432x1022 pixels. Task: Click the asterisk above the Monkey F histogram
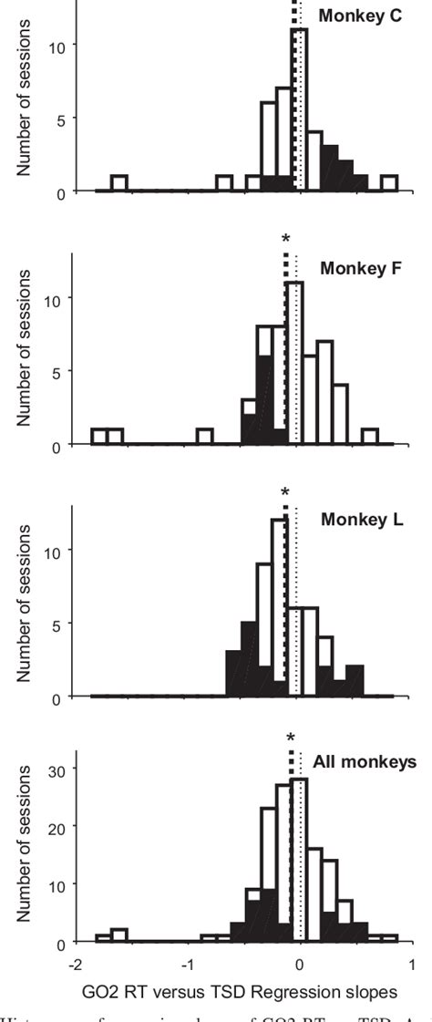tap(286, 239)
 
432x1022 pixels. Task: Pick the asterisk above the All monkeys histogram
tap(291, 738)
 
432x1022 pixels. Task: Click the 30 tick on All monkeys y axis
tap(61, 769)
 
